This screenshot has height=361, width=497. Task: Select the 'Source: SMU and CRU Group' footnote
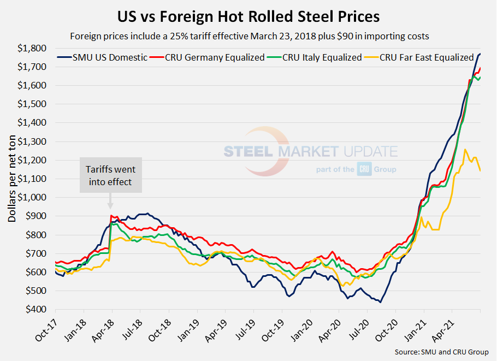tap(441, 352)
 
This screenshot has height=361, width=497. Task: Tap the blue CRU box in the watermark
tap(364, 169)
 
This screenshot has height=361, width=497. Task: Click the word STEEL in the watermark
tap(250, 151)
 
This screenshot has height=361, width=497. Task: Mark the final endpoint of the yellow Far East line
tap(480, 171)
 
